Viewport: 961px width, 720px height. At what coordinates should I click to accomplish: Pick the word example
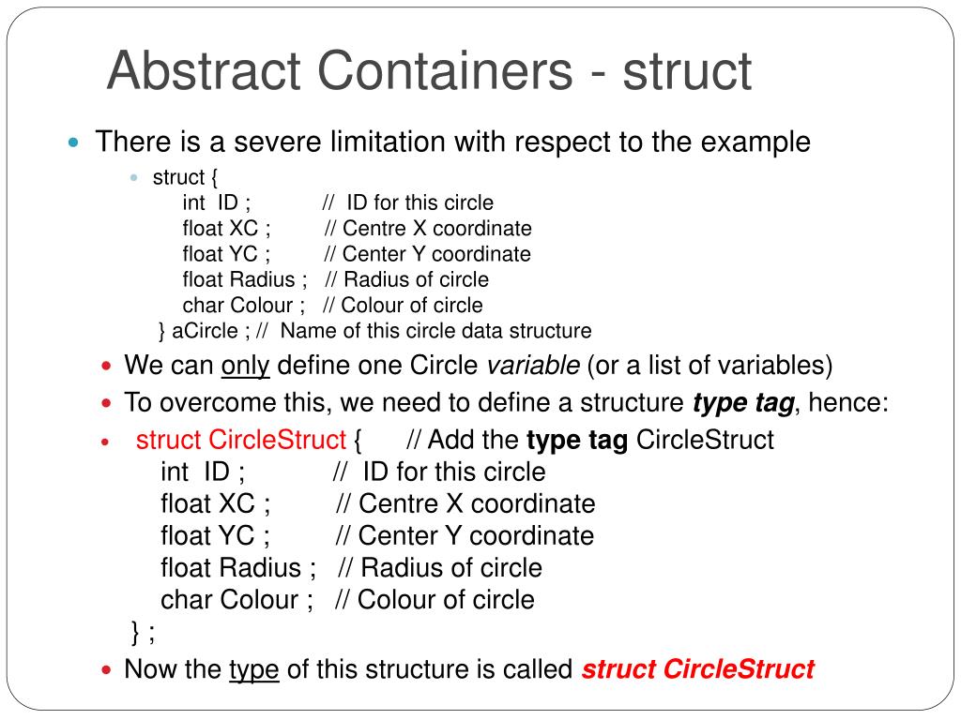(756, 142)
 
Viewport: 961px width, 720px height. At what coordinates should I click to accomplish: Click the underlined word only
(245, 365)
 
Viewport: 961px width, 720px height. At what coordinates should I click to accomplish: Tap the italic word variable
(532, 365)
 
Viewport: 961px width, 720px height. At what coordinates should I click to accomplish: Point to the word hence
(846, 403)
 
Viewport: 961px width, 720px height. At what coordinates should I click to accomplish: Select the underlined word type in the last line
(254, 669)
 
